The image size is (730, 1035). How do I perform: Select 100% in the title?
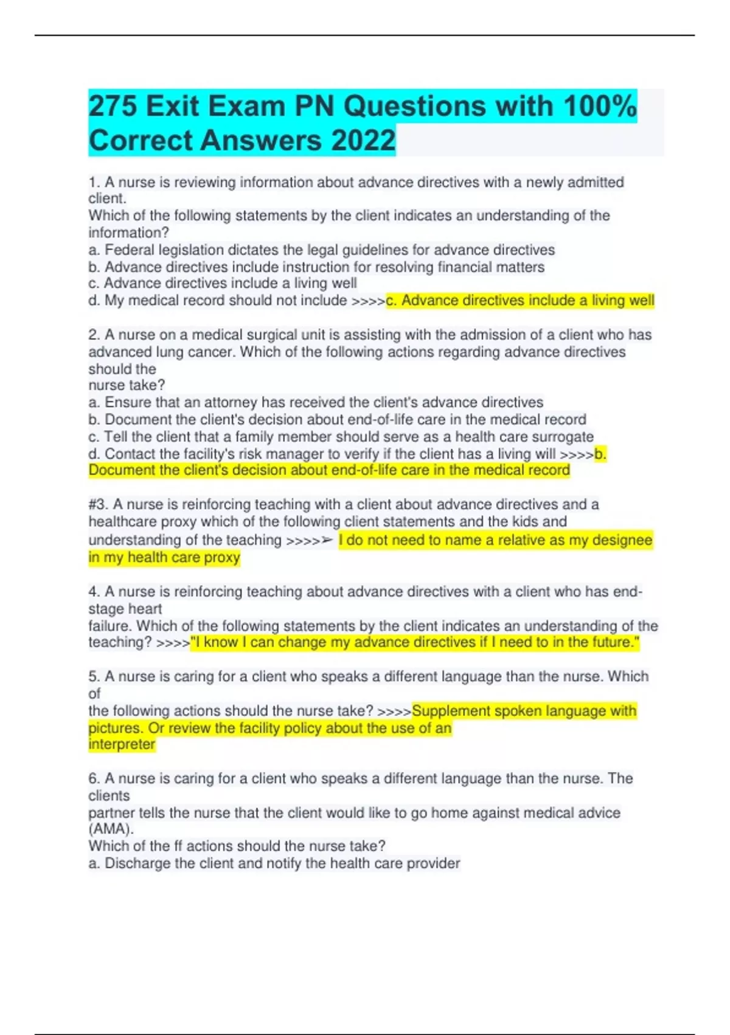coord(600,107)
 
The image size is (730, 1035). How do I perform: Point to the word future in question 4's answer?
coord(610,643)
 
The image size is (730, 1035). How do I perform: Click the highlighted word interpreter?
coord(122,745)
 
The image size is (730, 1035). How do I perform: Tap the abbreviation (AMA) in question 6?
coord(111,829)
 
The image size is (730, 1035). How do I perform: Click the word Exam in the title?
coord(247,107)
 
